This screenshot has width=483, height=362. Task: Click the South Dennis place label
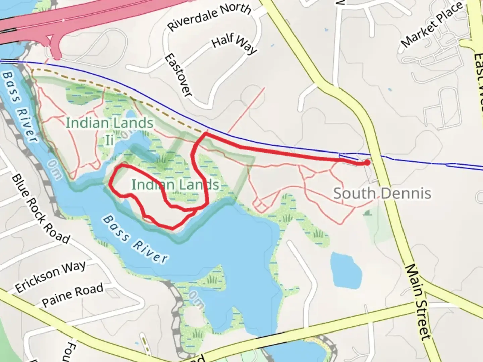(382, 194)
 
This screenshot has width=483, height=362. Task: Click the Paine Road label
(72, 295)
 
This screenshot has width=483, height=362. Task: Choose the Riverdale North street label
(209, 17)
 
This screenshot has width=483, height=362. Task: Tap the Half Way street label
(234, 44)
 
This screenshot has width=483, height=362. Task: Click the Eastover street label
(178, 75)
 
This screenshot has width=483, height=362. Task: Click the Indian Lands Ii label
(109, 131)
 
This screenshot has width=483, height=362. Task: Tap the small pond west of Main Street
(346, 269)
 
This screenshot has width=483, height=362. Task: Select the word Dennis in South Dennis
(407, 194)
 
